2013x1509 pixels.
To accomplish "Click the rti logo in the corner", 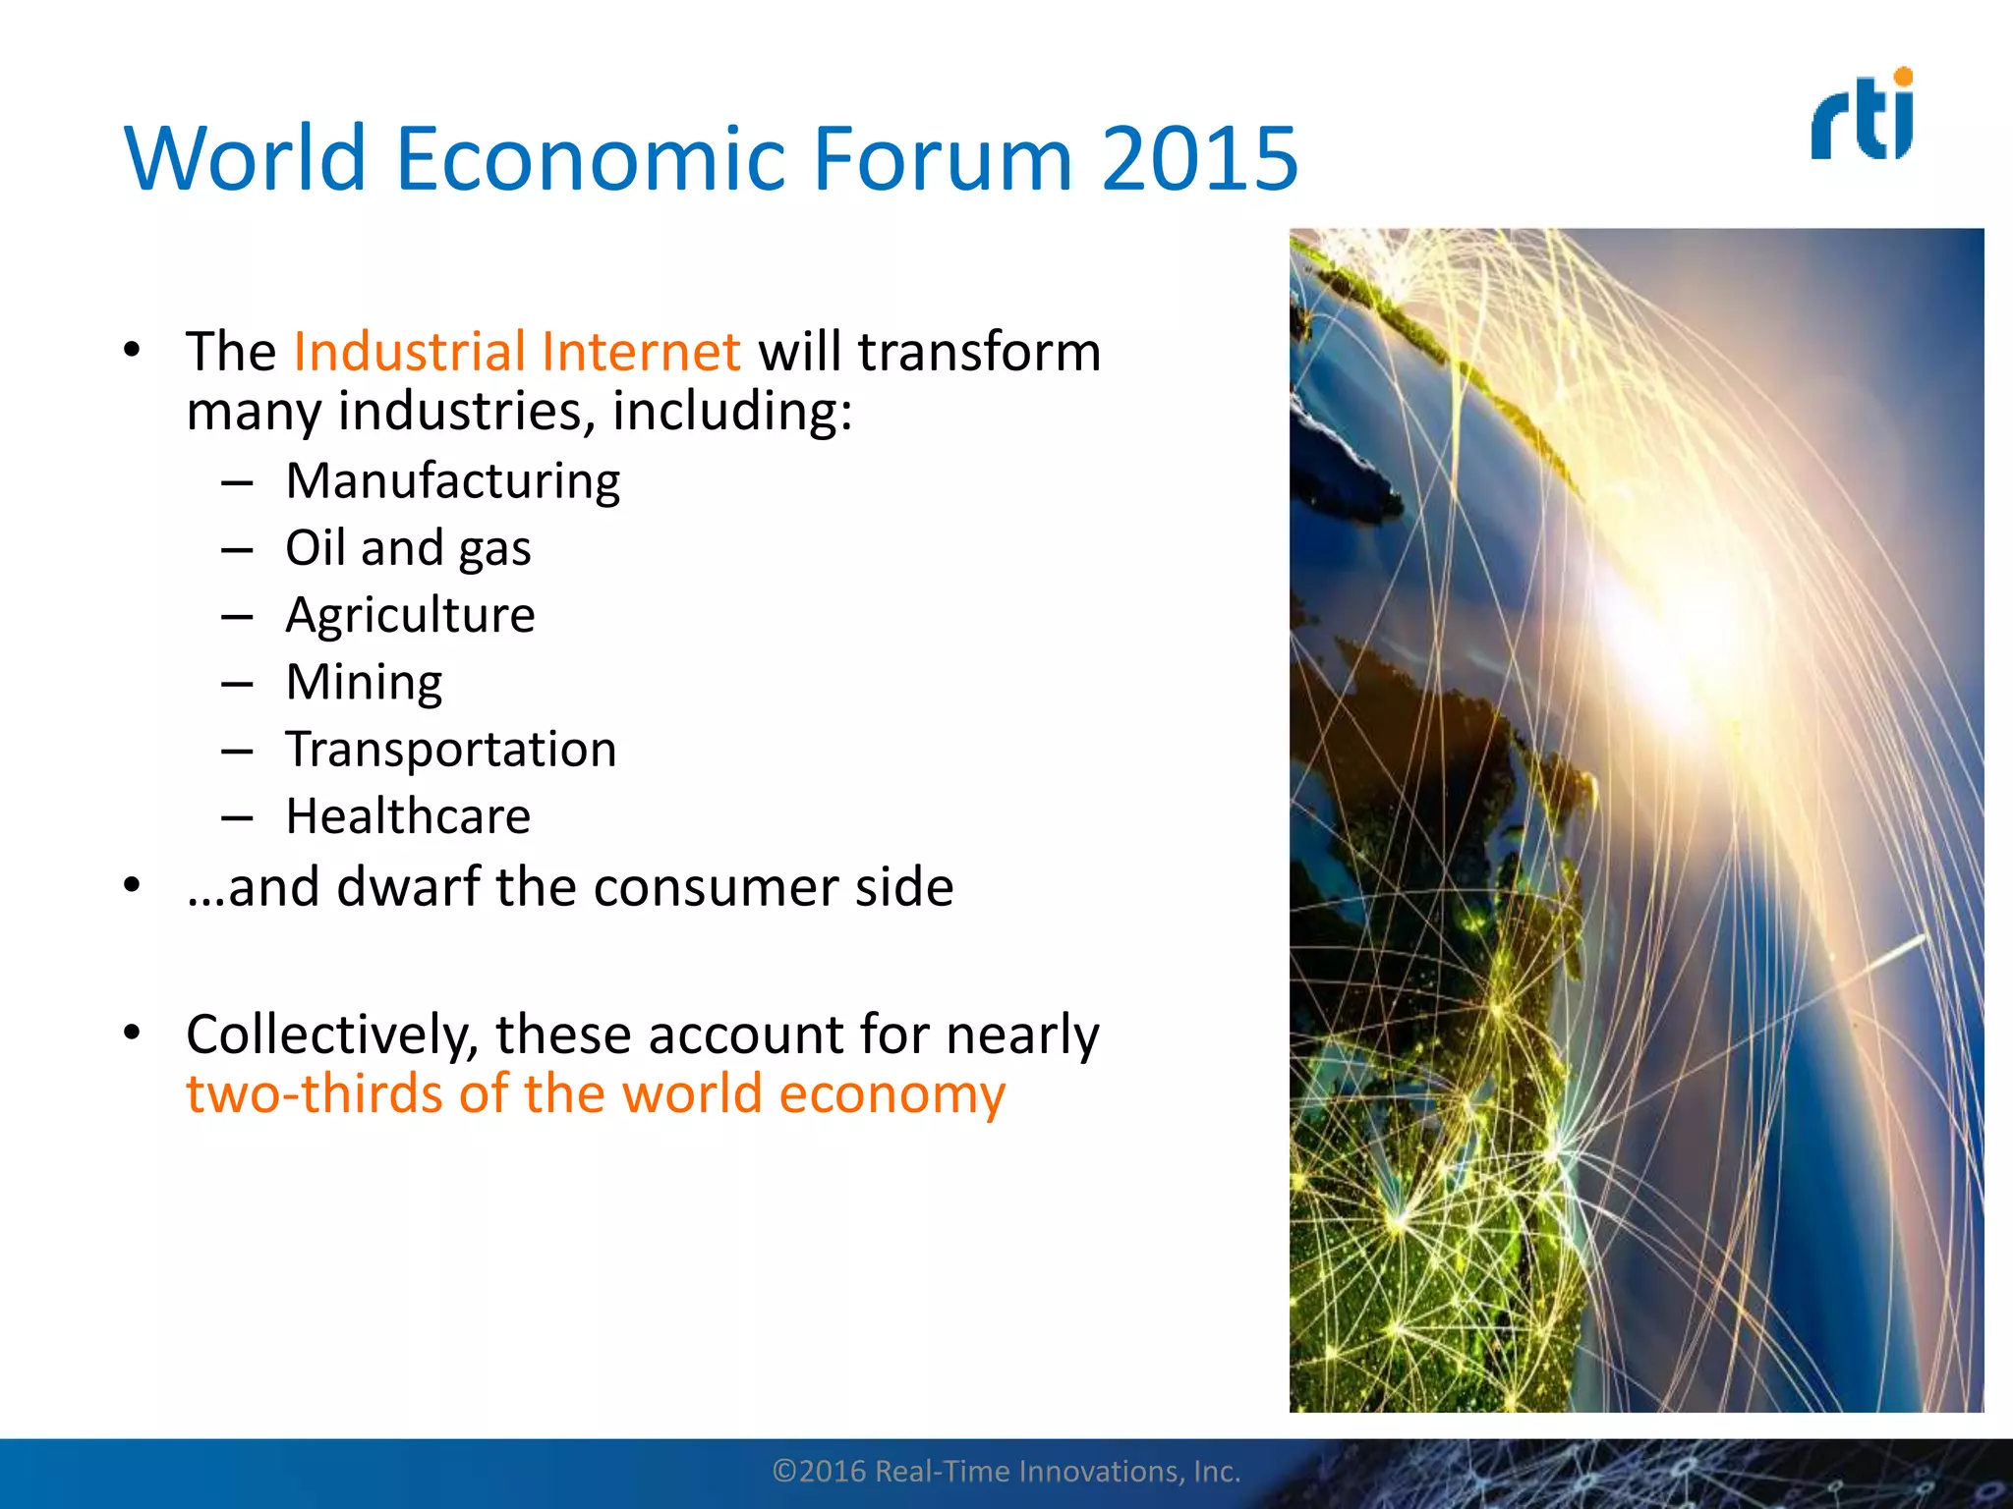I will click(1862, 116).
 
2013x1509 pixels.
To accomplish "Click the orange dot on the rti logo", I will click(1903, 77).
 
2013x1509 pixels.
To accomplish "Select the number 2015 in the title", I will click(1199, 158).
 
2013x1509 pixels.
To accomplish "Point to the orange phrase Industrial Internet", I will click(516, 352).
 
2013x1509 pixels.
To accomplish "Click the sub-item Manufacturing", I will click(452, 481).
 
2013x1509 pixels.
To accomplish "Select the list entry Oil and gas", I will click(408, 548).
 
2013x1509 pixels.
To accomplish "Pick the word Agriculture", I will click(410, 616).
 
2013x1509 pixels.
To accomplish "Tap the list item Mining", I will click(364, 683).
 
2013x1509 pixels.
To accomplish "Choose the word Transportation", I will click(451, 750).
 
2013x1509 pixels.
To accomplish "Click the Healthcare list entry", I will click(408, 816).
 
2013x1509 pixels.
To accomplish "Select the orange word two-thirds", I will click(314, 1093).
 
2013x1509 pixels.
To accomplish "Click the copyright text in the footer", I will click(1006, 1471).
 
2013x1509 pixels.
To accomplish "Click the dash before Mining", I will click(237, 684).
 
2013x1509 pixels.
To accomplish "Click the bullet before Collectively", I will click(132, 1033).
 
